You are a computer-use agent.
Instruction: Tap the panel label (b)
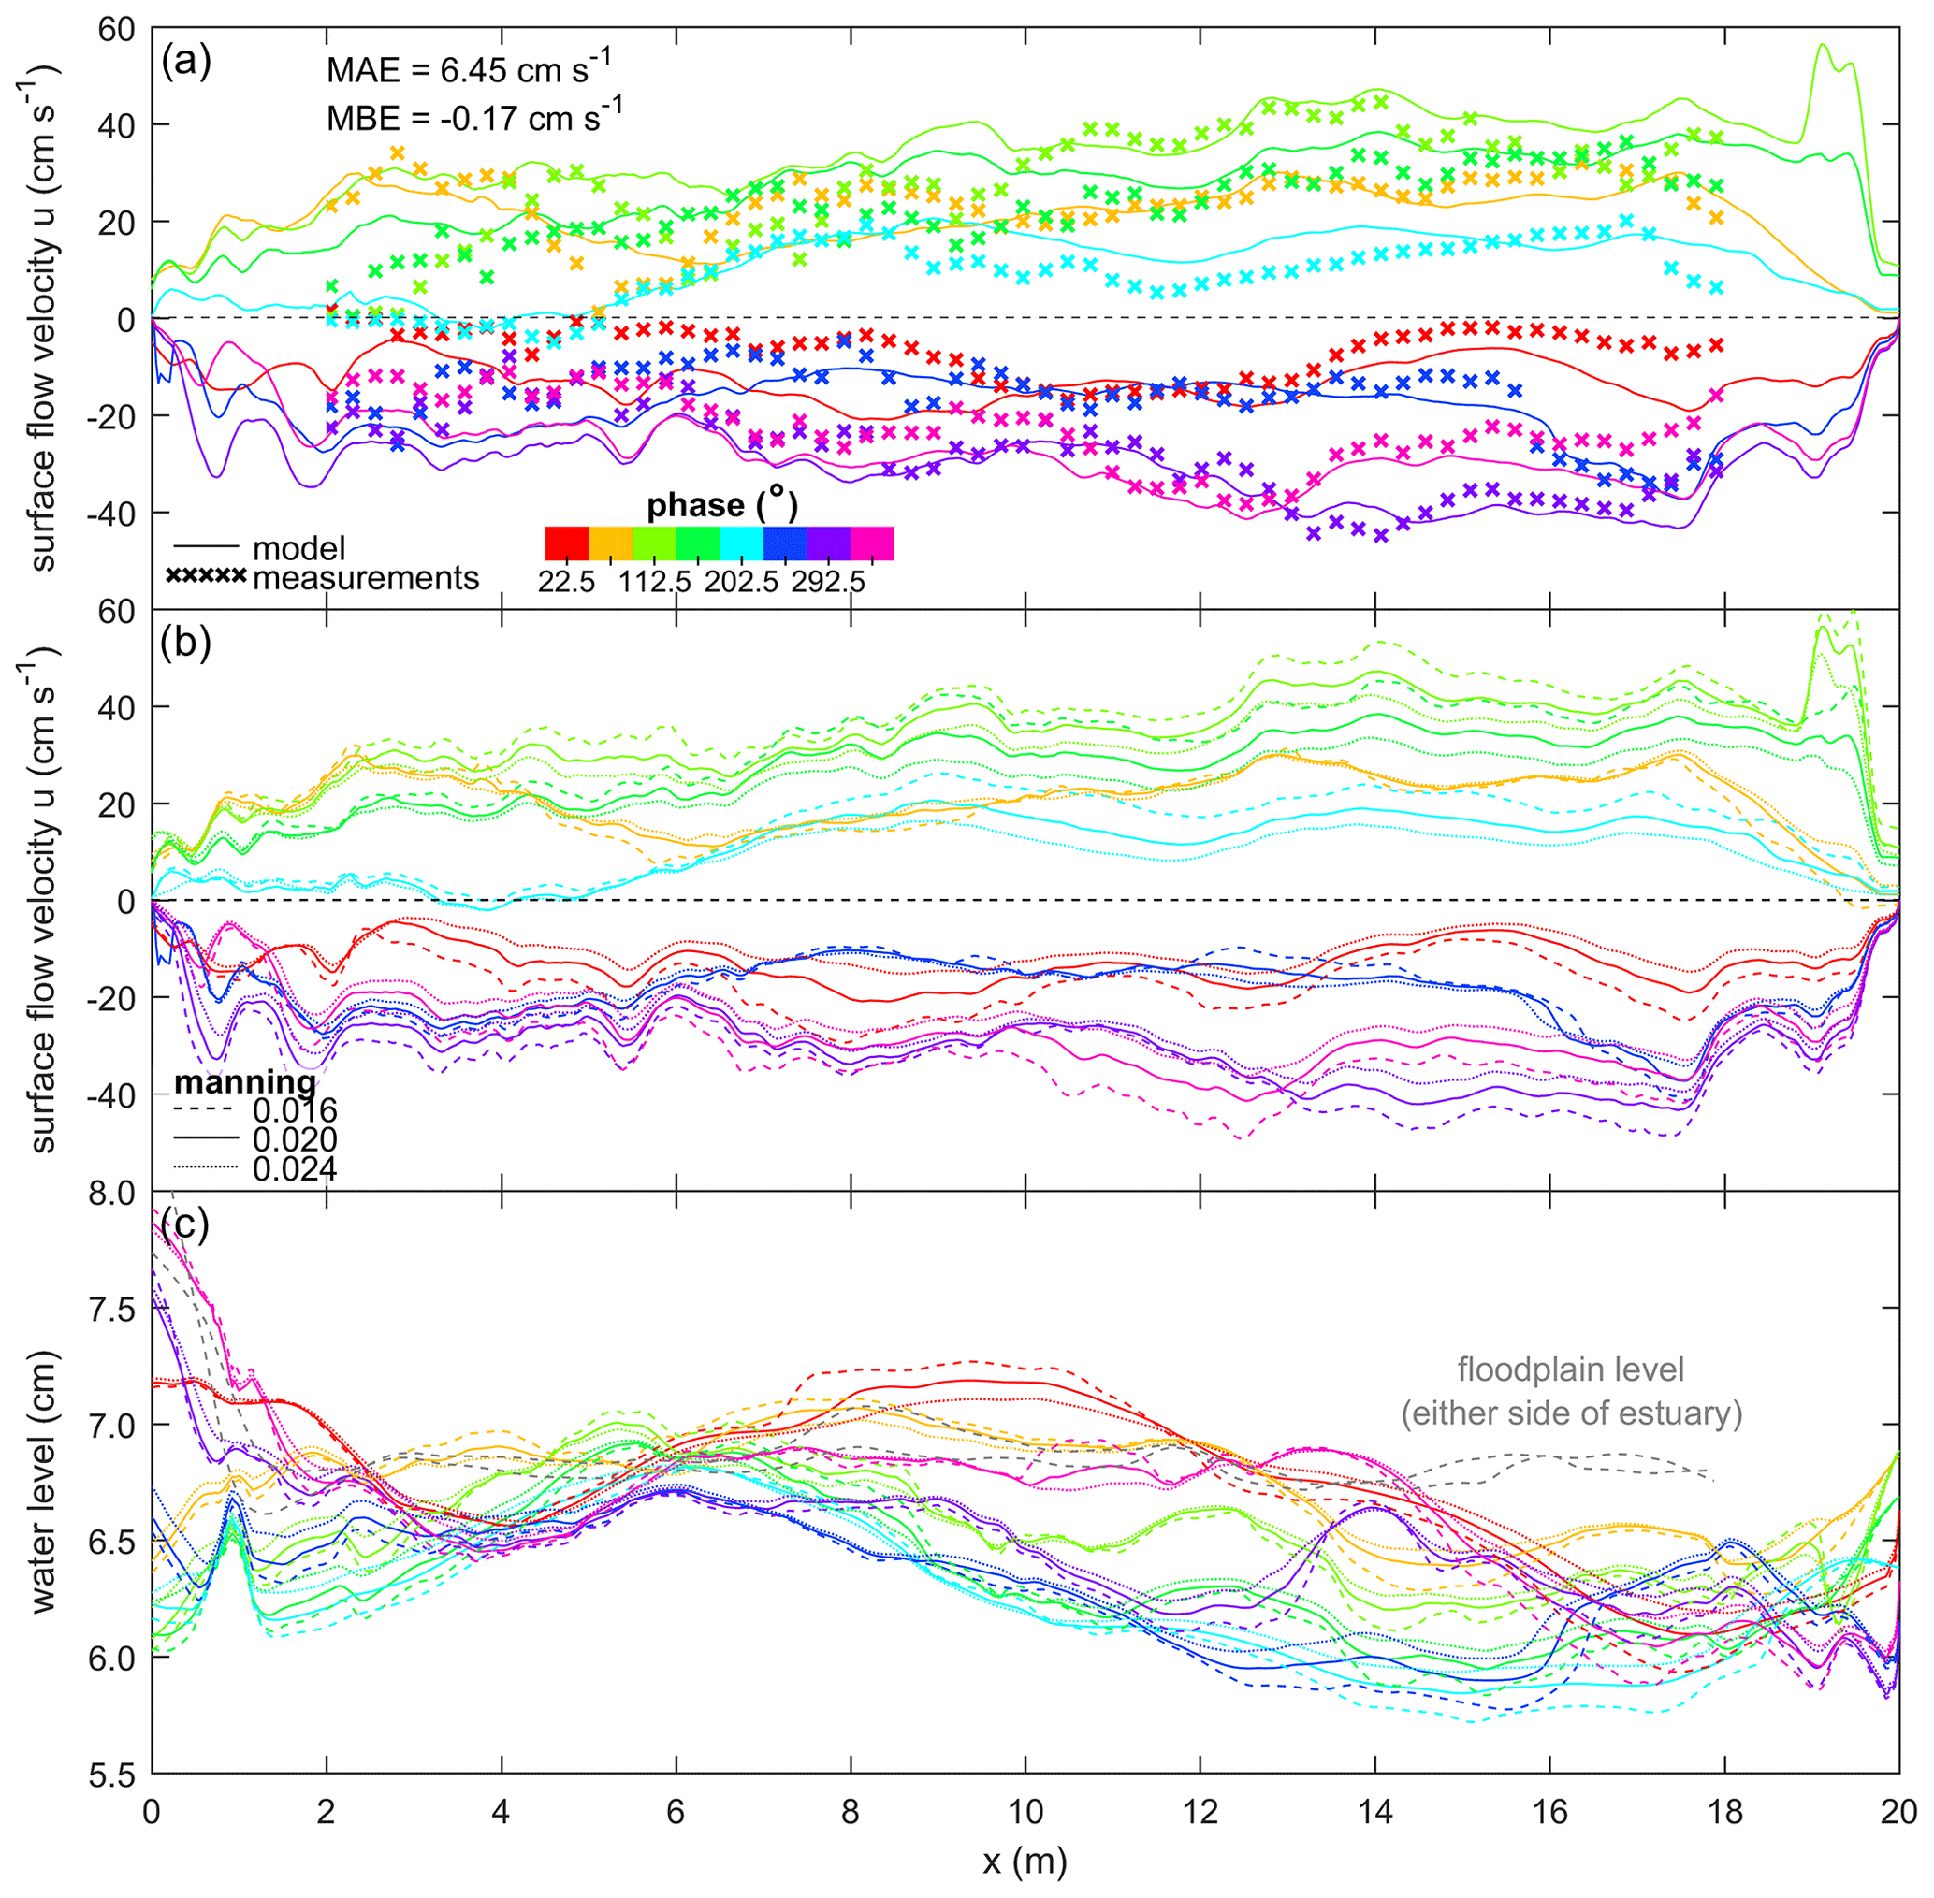[x=185, y=643]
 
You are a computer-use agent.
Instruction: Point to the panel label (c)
[x=185, y=1224]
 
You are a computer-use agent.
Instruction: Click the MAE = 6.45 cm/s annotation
[x=469, y=70]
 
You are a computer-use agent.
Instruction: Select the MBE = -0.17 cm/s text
[x=474, y=118]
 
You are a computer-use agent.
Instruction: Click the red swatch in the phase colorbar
[x=567, y=543]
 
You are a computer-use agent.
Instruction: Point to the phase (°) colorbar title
[x=721, y=506]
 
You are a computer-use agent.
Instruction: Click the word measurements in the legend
[x=366, y=578]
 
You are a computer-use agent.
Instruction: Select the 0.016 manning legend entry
[x=294, y=1110]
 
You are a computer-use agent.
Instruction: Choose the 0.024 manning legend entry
[x=294, y=1168]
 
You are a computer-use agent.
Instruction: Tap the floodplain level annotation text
[x=1571, y=1392]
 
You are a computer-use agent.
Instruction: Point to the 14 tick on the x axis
[x=1375, y=1810]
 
